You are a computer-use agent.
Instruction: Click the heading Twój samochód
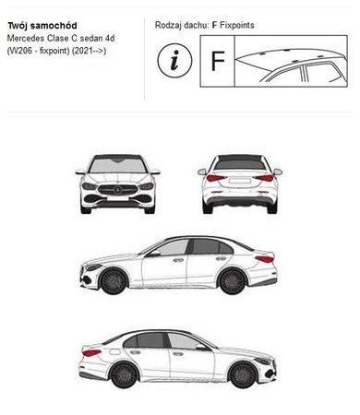point(42,26)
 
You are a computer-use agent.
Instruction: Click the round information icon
point(174,60)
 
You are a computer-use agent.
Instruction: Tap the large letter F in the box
point(218,61)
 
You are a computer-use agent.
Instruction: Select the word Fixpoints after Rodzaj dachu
point(237,25)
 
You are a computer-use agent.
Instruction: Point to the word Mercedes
point(26,39)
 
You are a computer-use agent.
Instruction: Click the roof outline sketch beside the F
point(291,65)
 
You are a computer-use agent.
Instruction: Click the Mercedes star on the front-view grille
point(118,190)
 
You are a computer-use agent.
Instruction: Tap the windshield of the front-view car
point(118,166)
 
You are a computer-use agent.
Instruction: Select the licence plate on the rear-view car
point(240,181)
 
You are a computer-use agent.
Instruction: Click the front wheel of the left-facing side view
point(114,281)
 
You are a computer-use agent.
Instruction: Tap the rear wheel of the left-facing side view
point(233,281)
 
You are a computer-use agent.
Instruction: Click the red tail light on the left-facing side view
point(265,259)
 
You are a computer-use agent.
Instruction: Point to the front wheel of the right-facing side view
point(243,374)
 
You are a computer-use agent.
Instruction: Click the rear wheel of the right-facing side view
point(124,374)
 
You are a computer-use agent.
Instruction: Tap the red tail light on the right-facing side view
point(91,353)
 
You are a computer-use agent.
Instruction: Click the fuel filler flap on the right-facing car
point(114,351)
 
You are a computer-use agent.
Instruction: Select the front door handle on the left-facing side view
point(178,260)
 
